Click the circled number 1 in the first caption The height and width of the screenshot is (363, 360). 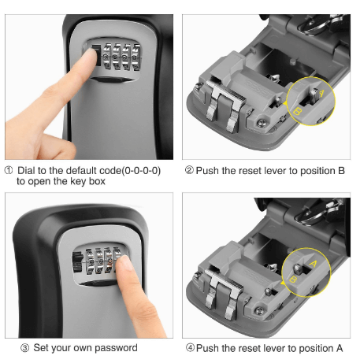(9, 170)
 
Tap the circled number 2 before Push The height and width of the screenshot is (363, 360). (189, 170)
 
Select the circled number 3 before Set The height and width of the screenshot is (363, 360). (24, 348)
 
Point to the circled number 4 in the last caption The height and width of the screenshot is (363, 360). (190, 348)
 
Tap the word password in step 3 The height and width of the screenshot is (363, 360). (116, 348)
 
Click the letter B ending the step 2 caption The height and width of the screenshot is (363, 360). (341, 171)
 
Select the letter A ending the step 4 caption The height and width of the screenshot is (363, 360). (340, 348)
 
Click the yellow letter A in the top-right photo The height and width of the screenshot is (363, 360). (321, 93)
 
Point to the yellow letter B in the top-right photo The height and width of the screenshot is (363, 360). (297, 112)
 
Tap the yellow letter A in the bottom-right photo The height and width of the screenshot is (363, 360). (313, 264)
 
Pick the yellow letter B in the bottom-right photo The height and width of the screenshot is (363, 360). (293, 280)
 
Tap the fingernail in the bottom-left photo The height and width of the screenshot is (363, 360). (124, 262)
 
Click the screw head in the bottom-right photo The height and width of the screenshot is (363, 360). (260, 311)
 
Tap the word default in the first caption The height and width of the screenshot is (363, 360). (82, 171)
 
